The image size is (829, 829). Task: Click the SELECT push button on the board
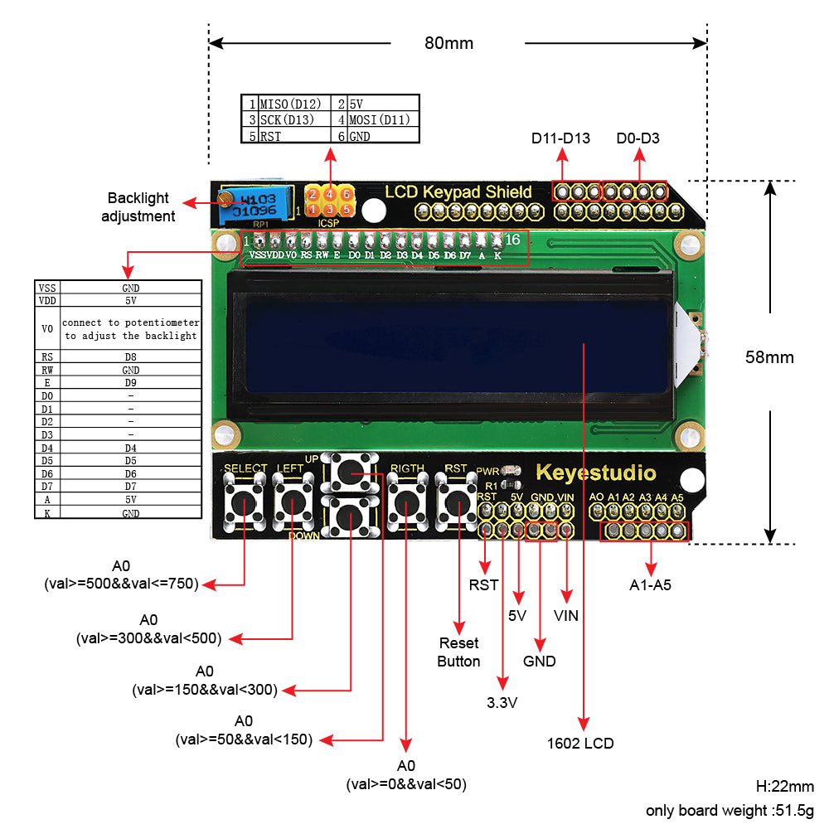[245, 502]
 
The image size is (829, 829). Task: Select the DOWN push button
[351, 517]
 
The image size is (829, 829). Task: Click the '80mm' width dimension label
[448, 43]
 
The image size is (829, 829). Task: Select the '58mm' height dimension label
[769, 357]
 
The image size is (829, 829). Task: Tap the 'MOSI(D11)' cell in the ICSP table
[380, 120]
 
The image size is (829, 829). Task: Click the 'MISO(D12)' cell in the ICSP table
[290, 104]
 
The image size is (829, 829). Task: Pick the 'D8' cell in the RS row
[130, 357]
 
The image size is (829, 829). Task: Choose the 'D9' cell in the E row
[130, 383]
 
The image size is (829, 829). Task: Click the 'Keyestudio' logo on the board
[595, 473]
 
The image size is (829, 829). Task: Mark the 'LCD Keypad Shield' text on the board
[458, 192]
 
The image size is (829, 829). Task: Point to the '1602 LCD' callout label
[580, 743]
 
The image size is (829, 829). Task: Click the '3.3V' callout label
[502, 703]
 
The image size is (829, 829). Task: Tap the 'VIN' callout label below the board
[566, 616]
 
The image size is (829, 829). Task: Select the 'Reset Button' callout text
[458, 652]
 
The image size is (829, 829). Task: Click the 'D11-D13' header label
[561, 138]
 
